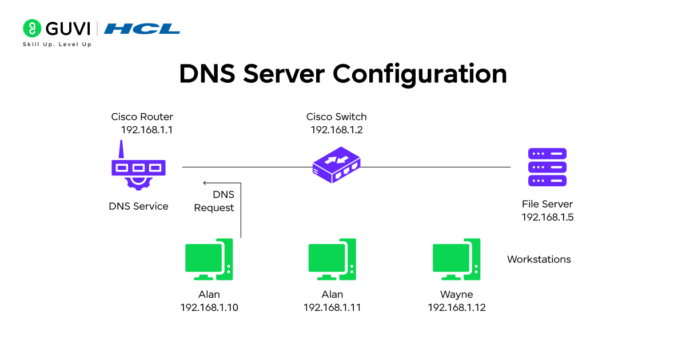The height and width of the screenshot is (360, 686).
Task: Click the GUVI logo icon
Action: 32,28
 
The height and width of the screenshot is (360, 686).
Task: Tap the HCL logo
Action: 142,29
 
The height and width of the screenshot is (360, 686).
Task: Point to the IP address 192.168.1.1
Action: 146,130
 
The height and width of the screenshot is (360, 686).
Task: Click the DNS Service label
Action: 138,206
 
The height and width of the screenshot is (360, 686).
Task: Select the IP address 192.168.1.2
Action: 337,130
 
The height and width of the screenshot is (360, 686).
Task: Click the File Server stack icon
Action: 547,167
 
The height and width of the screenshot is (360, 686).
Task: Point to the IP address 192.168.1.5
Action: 547,217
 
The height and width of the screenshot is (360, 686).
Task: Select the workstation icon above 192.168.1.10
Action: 209,259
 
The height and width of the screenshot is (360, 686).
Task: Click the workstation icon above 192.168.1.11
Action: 332,259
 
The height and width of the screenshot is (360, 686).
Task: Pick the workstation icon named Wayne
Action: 456,259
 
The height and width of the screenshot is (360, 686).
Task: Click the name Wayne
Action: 456,294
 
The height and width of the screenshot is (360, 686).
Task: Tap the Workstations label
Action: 539,259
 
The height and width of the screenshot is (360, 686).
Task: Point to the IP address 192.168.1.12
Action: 456,307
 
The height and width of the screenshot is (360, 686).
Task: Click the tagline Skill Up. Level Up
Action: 57,45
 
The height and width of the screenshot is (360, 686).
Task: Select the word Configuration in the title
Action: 420,74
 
